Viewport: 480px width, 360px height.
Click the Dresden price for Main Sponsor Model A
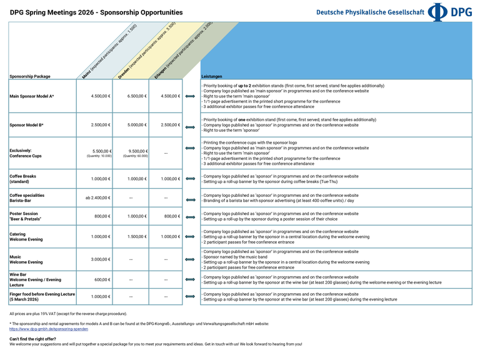pos(136,96)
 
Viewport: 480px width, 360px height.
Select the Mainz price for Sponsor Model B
pos(101,125)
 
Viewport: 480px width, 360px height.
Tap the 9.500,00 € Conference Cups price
pos(136,151)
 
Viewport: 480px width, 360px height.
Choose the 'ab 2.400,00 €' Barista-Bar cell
pos(98,197)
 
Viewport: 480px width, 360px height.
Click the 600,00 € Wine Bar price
pos(102,280)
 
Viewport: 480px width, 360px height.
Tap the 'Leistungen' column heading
pos(211,76)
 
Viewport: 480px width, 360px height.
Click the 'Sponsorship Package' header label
pos(30,76)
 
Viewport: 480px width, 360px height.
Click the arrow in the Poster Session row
pos(191,217)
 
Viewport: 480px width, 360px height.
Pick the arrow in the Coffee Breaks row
pos(191,179)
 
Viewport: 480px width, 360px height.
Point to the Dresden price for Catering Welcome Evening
pos(136,237)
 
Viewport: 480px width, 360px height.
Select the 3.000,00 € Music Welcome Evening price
pos(101,259)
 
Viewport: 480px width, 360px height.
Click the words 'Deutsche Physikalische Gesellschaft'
pos(370,12)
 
